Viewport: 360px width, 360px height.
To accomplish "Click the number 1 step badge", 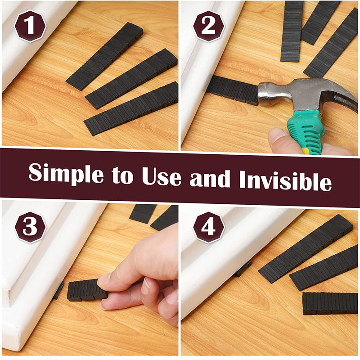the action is click(30, 26).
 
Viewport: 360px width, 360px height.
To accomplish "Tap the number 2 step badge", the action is click(208, 26).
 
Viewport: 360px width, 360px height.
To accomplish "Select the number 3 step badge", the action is click(30, 227).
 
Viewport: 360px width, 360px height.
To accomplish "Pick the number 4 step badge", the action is click(208, 227).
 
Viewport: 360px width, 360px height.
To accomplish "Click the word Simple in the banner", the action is click(66, 174).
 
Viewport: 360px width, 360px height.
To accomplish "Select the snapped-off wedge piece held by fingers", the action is click(86, 290).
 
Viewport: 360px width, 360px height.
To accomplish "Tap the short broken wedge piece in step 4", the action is click(330, 303).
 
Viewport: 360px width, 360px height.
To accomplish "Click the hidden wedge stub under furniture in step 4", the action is click(243, 269).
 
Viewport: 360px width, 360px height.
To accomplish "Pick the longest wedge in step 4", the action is click(306, 249).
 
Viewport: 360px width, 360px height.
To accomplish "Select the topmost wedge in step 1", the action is click(105, 57).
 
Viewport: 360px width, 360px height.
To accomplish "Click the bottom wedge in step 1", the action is click(131, 109).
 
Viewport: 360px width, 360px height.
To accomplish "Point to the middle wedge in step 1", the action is click(131, 79).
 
